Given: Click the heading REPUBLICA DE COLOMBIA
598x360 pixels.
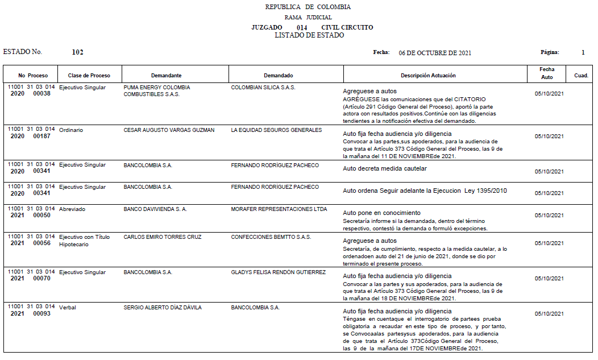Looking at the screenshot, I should tap(308, 7).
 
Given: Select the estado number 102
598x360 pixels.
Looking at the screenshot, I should tap(78, 52).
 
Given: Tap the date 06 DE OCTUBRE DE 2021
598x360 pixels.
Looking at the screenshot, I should tap(435, 53).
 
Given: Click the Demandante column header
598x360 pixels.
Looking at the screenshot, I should tap(166, 76).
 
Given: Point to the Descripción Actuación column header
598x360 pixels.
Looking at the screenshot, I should tap(428, 76).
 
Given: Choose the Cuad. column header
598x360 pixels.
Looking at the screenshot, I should tap(581, 76).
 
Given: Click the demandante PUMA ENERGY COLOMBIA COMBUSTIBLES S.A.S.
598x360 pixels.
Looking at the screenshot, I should tap(156, 91).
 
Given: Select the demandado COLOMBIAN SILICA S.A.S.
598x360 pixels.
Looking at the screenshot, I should tap(263, 88).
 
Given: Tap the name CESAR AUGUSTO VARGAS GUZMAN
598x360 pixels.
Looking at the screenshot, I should tap(169, 130).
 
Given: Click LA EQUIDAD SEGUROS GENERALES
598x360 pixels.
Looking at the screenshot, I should tap(276, 130).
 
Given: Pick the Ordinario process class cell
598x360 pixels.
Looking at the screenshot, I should tap(71, 130).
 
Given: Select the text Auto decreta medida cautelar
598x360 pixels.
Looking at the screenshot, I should tap(385, 168).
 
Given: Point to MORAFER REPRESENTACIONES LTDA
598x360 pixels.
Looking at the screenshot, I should tap(279, 209).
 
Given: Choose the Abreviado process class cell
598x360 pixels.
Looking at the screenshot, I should tap(72, 209).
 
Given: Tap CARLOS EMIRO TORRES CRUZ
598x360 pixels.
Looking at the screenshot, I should tap(162, 237).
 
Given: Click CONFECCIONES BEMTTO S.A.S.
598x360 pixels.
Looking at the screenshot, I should tap(271, 237).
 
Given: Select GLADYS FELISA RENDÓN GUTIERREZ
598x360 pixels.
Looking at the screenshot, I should tap(278, 272).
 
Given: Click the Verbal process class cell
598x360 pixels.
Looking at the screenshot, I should tap(68, 308).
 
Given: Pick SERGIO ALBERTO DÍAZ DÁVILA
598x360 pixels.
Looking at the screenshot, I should tap(162, 308).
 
